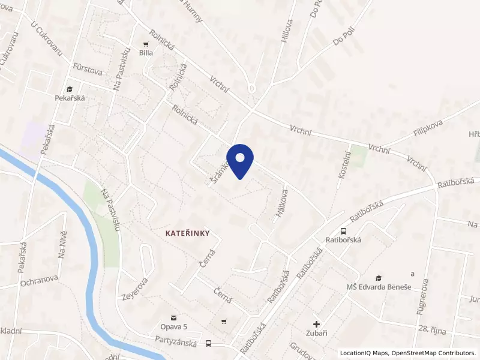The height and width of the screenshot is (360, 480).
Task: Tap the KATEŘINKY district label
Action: click(188, 232)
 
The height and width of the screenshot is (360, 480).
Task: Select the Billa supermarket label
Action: click(146, 53)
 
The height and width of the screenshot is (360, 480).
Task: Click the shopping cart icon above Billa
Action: click(145, 43)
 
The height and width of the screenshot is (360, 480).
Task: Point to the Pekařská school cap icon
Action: click(70, 88)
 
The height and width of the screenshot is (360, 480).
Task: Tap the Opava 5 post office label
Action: click(174, 326)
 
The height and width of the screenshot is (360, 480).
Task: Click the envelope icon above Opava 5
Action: click(173, 317)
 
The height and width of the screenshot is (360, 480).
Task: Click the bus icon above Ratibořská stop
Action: click(343, 231)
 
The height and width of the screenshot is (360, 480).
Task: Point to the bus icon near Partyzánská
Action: click(209, 344)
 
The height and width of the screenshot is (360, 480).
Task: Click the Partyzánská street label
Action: click(176, 339)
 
